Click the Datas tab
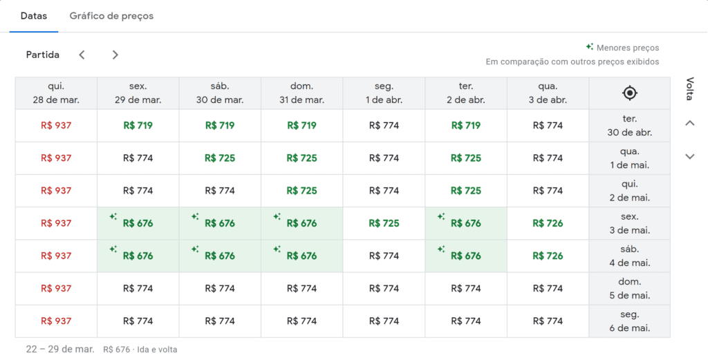pyautogui.click(x=34, y=16)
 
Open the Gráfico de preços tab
pyautogui.click(x=111, y=16)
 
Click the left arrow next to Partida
pyautogui.click(x=82, y=55)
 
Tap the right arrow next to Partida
pyautogui.click(x=115, y=55)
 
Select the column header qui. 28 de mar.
pyautogui.click(x=56, y=93)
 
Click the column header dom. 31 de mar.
pyautogui.click(x=301, y=93)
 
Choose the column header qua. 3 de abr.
pyautogui.click(x=548, y=93)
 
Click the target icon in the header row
pyautogui.click(x=629, y=93)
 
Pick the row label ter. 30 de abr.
pyautogui.click(x=629, y=126)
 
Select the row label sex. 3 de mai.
pyautogui.click(x=629, y=223)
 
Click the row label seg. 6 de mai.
pyautogui.click(x=629, y=321)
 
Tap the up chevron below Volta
pyautogui.click(x=689, y=123)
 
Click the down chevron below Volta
pyautogui.click(x=689, y=156)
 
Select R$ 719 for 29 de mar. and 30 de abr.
pyautogui.click(x=138, y=126)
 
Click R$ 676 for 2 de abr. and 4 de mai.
pyautogui.click(x=465, y=256)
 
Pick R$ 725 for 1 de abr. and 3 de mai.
pyautogui.click(x=384, y=223)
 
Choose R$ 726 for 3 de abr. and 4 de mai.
pyautogui.click(x=548, y=256)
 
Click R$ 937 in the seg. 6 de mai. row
pyautogui.click(x=56, y=321)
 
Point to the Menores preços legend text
pyautogui.click(x=628, y=48)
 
